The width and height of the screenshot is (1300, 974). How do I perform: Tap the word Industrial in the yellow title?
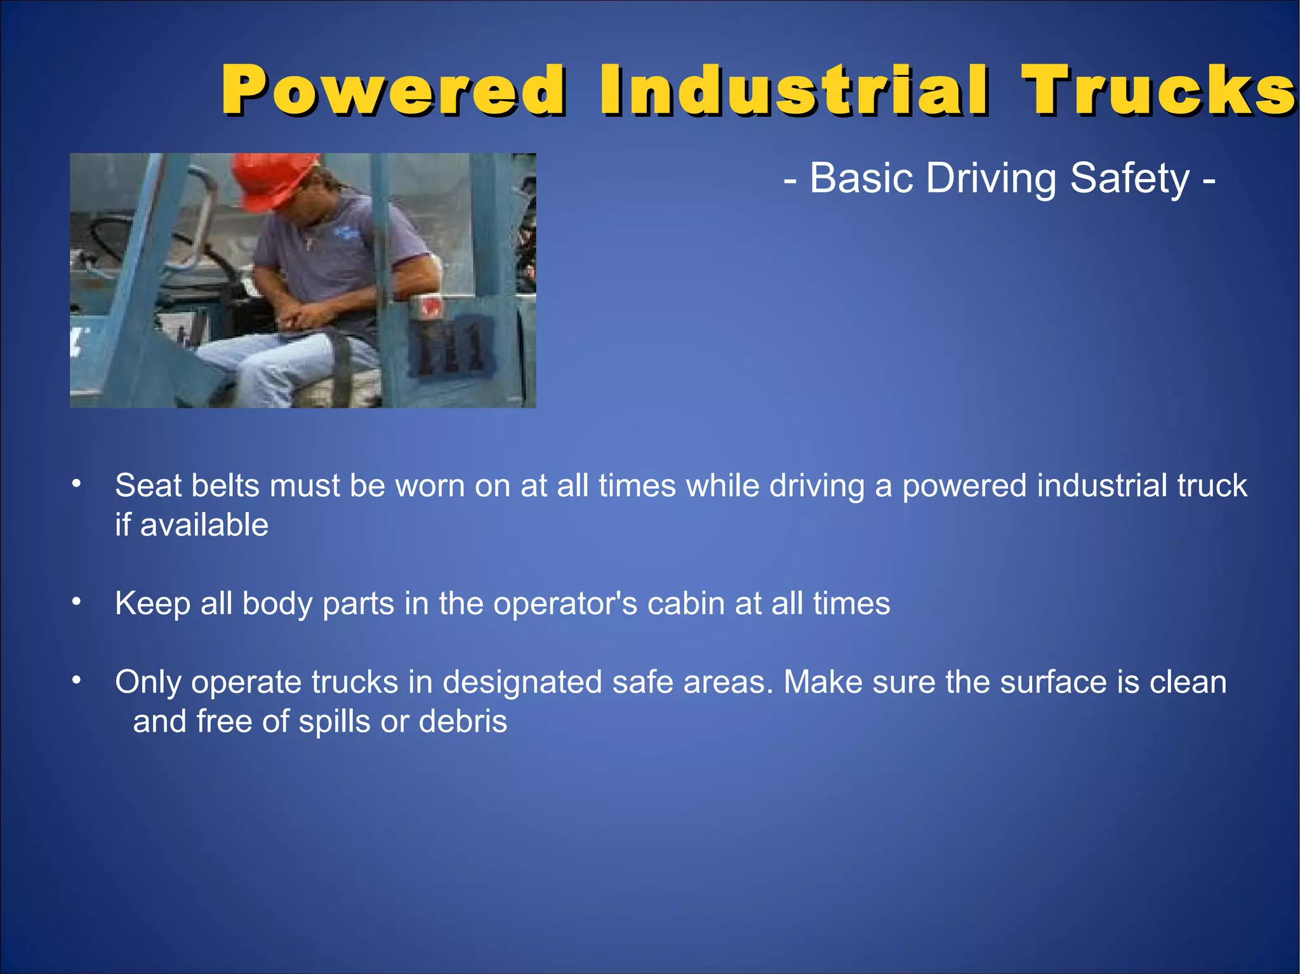tap(793, 90)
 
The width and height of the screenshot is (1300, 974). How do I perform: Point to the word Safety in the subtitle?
tap(1129, 178)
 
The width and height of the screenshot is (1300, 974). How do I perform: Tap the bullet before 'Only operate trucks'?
tap(76, 681)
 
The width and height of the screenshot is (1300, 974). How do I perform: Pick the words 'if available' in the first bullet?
tap(192, 525)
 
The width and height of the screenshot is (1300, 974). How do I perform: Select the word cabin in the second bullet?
tap(686, 603)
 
